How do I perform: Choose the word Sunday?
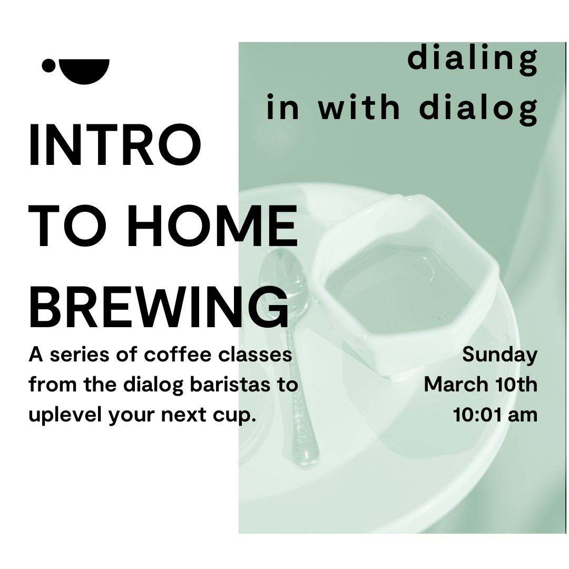tap(499, 355)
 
